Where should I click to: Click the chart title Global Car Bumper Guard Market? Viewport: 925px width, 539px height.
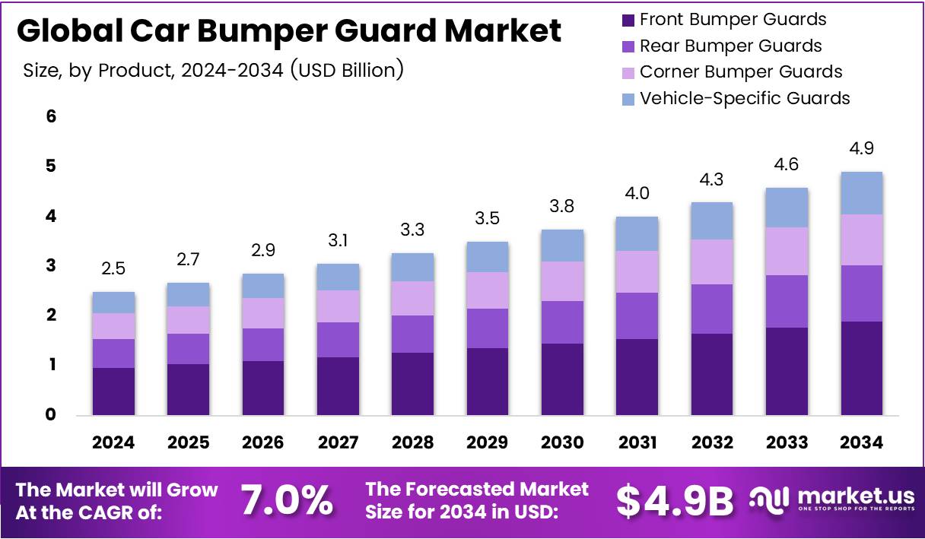[288, 31]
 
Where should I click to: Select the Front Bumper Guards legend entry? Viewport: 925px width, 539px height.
[733, 20]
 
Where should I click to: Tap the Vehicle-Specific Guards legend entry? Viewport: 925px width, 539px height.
[744, 98]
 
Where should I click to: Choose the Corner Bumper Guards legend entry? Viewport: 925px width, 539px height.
[740, 72]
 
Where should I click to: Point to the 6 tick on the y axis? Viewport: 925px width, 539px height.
[52, 117]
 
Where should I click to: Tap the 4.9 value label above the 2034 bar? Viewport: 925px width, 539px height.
[862, 148]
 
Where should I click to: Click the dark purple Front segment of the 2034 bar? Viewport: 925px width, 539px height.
[862, 368]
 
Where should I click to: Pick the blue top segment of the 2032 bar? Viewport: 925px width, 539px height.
[711, 220]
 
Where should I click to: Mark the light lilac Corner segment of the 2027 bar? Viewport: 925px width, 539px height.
[338, 306]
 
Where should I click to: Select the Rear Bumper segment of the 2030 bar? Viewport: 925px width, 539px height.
[562, 322]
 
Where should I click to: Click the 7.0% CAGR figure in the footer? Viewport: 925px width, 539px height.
[287, 500]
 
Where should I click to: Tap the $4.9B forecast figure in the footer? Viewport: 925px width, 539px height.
[674, 500]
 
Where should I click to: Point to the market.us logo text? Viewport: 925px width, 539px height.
[852, 496]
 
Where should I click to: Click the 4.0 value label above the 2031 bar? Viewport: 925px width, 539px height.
[637, 194]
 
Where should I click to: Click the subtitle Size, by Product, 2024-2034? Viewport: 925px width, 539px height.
[212, 71]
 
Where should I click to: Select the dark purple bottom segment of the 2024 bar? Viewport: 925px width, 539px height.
[113, 392]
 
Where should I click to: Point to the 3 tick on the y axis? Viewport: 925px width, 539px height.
[52, 266]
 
